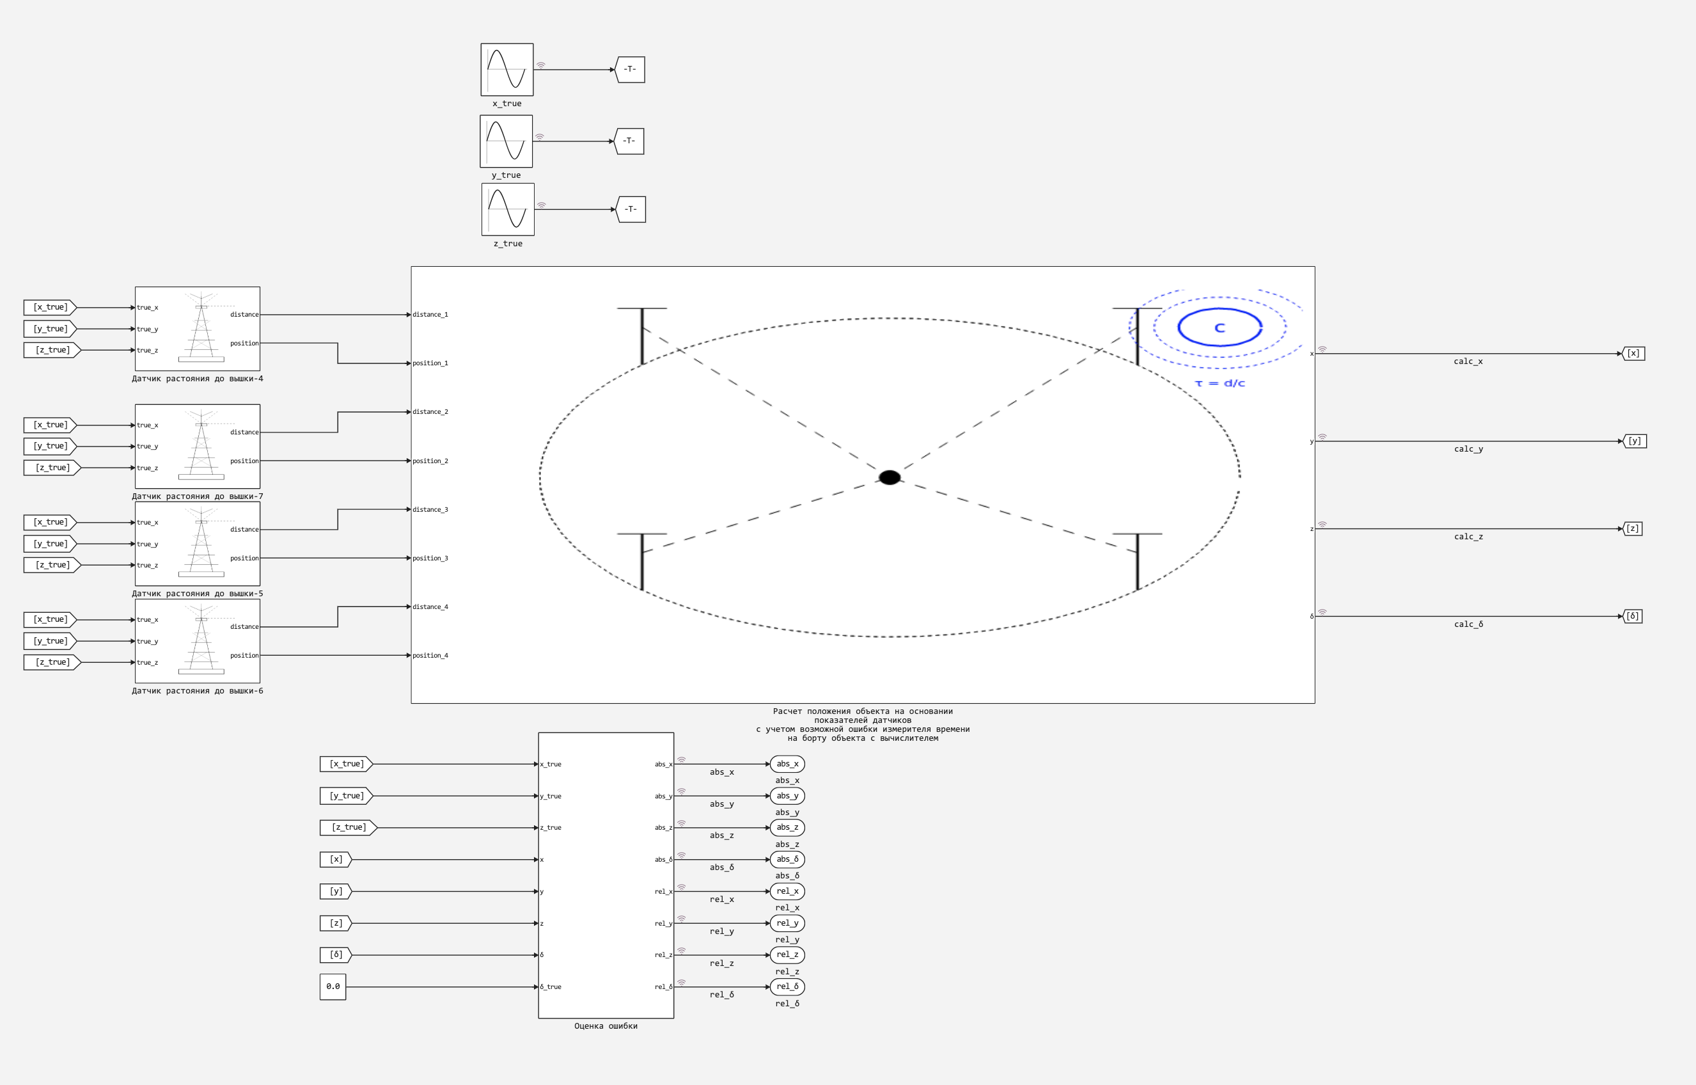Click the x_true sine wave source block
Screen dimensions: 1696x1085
(x=507, y=70)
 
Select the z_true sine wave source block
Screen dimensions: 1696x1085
(x=508, y=209)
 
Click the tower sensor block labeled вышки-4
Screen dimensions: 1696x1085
(x=197, y=329)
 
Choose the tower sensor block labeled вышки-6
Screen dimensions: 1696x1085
(x=197, y=641)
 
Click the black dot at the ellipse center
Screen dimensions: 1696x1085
(x=890, y=478)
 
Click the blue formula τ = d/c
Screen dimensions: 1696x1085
(x=1220, y=383)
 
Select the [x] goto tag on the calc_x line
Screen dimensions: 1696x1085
(x=1633, y=354)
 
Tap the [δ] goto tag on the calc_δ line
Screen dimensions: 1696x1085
(x=1633, y=617)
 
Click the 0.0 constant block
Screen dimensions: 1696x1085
(x=333, y=986)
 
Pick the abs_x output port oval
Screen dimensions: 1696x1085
(x=787, y=764)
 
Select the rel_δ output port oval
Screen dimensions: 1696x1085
(x=787, y=986)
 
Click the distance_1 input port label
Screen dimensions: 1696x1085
(x=430, y=315)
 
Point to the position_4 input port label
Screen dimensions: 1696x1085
(x=430, y=656)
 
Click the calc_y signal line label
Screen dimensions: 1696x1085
(x=1468, y=449)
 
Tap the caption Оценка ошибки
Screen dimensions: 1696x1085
(x=606, y=1026)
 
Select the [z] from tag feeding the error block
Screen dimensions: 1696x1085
(x=336, y=923)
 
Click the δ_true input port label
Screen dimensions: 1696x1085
(x=551, y=987)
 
